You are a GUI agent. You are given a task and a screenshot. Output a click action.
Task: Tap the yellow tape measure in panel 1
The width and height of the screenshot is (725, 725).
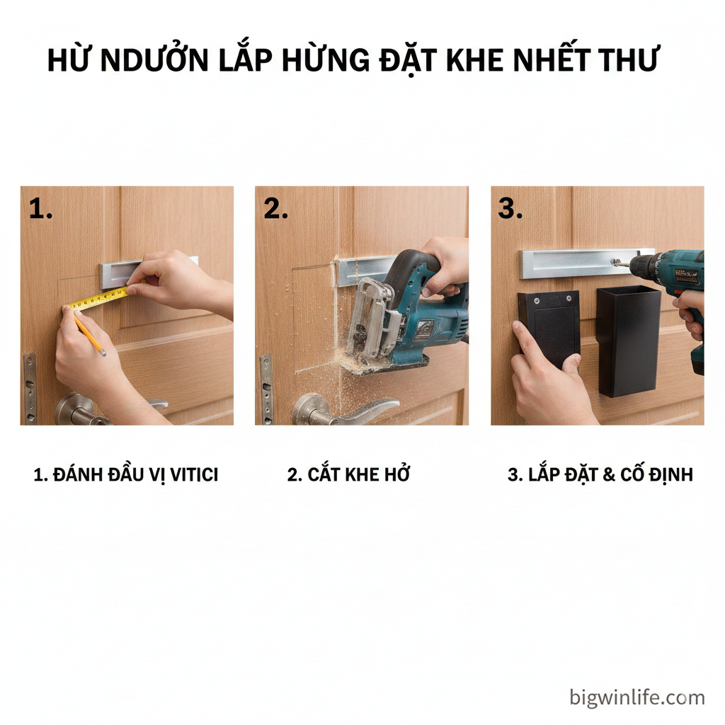(x=98, y=298)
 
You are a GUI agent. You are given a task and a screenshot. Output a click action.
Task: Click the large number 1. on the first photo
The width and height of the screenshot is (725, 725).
(x=40, y=209)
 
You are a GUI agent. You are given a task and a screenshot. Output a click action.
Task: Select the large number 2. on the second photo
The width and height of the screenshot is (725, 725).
(x=275, y=209)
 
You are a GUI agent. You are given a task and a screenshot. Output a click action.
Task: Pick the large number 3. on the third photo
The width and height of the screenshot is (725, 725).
(x=510, y=209)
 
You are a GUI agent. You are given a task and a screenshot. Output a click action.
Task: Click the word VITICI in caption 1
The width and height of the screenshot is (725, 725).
(x=194, y=475)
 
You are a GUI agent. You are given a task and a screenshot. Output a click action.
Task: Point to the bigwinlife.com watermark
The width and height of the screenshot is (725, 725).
(x=637, y=697)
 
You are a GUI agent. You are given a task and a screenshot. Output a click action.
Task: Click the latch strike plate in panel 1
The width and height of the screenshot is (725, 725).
(x=30, y=389)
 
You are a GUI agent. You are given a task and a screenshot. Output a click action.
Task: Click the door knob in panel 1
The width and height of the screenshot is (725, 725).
(x=81, y=410)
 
